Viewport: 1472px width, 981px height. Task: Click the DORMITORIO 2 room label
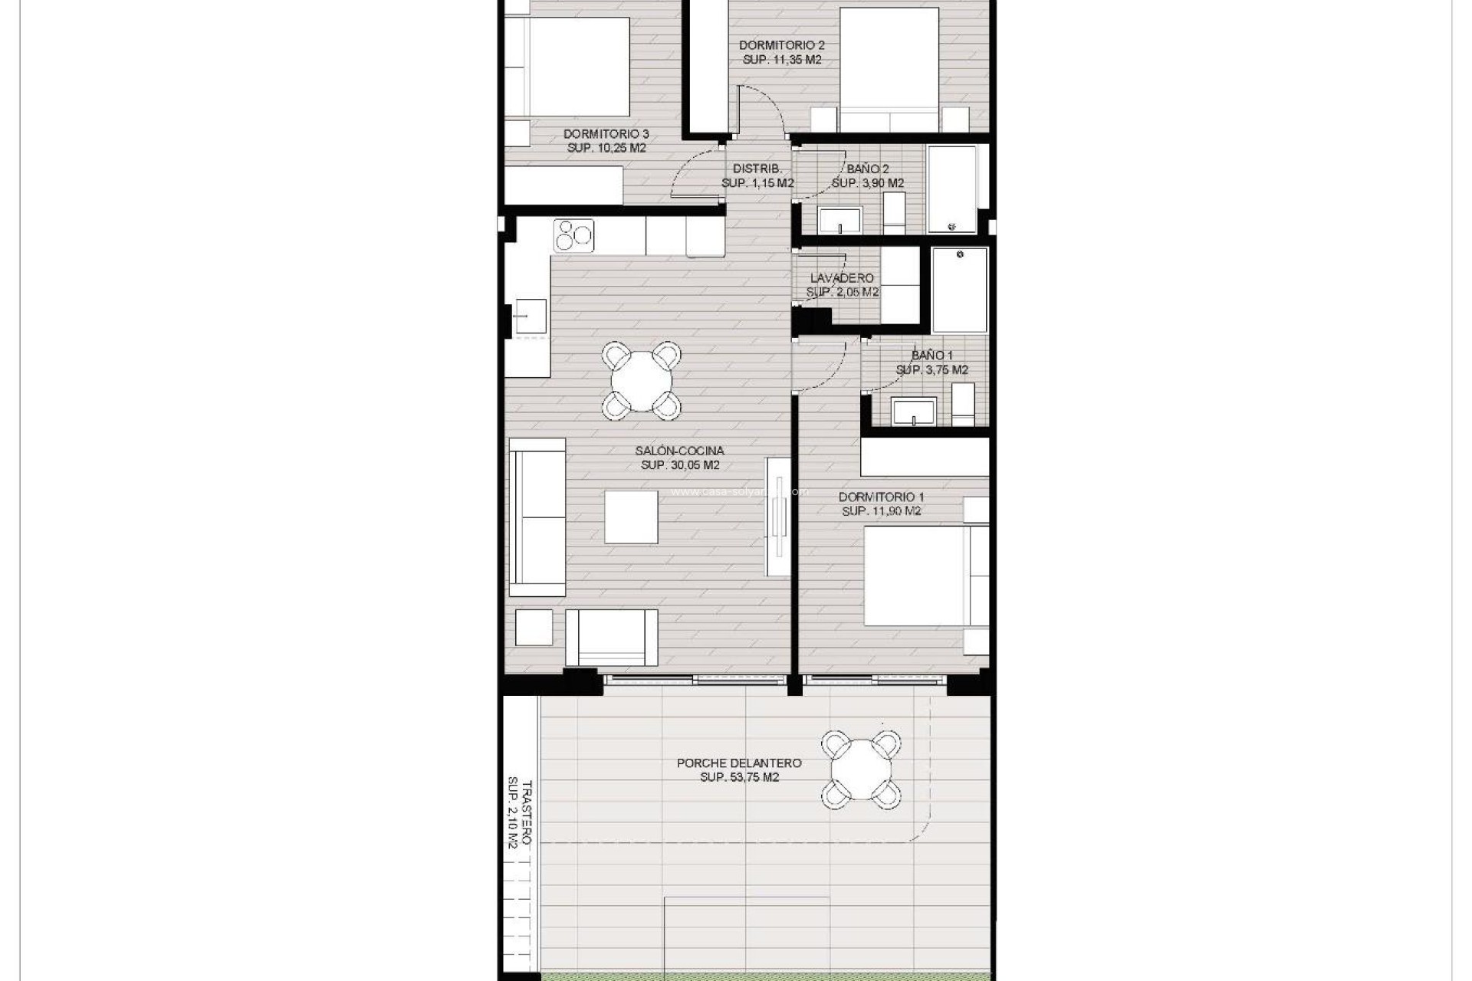coord(781,46)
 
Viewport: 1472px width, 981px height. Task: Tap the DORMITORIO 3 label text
coord(606,134)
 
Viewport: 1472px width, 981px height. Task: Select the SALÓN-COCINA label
coord(679,451)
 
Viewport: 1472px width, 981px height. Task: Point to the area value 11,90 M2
coord(881,511)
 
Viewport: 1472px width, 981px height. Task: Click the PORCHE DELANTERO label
coord(739,763)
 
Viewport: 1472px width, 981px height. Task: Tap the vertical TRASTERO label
coord(526,812)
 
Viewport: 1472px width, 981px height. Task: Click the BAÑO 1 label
coord(932,356)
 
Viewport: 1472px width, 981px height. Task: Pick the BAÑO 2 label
coord(868,169)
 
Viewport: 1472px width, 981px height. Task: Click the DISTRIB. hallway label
coord(757,169)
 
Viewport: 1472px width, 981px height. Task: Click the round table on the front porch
coord(861,769)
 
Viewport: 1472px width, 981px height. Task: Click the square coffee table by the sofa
coord(631,517)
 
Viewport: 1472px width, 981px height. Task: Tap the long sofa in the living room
coord(537,517)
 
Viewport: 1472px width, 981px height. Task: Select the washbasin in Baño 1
coord(913,411)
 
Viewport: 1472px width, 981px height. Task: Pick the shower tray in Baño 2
coord(952,189)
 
